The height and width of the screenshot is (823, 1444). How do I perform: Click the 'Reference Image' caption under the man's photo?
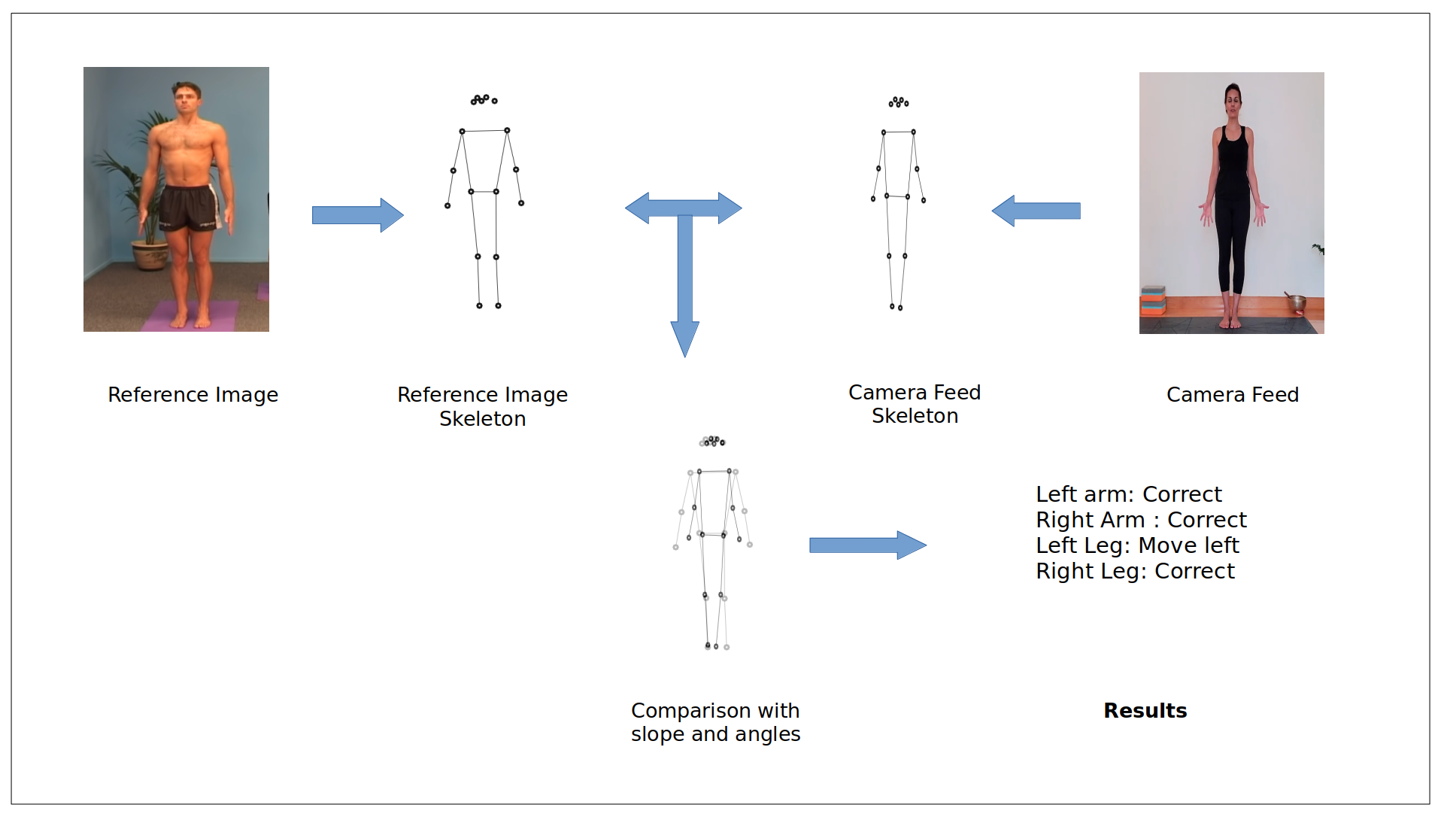(193, 394)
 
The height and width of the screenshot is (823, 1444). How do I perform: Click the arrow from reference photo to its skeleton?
(357, 215)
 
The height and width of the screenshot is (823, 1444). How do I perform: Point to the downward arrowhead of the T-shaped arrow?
(684, 339)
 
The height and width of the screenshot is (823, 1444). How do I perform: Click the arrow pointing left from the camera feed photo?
(1036, 211)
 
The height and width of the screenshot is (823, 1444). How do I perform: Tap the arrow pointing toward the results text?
(867, 545)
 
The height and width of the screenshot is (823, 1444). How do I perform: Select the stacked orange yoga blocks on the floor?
(1152, 301)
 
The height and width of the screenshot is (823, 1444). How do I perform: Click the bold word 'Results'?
(1145, 710)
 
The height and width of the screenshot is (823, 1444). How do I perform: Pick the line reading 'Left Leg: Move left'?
(1136, 545)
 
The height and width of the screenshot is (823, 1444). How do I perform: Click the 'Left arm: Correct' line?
(1128, 494)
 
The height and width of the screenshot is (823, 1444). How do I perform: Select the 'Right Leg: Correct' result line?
(1134, 571)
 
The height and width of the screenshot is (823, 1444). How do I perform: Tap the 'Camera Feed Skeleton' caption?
(915, 404)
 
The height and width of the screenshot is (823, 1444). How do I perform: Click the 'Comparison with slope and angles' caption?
(715, 722)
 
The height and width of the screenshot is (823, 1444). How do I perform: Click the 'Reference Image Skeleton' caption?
(482, 406)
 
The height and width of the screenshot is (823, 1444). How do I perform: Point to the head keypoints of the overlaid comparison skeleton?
(713, 441)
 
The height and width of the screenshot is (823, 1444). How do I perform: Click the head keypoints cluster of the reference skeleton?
(484, 99)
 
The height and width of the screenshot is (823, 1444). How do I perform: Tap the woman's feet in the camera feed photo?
(1230, 322)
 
